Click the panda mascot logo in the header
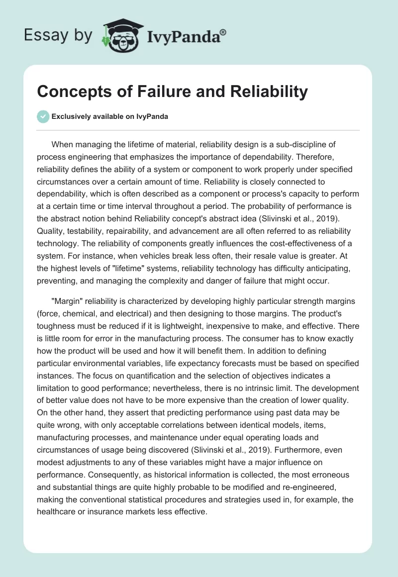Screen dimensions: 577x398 pyautogui.click(x=119, y=36)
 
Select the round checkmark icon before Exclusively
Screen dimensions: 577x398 pyautogui.click(x=43, y=116)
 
